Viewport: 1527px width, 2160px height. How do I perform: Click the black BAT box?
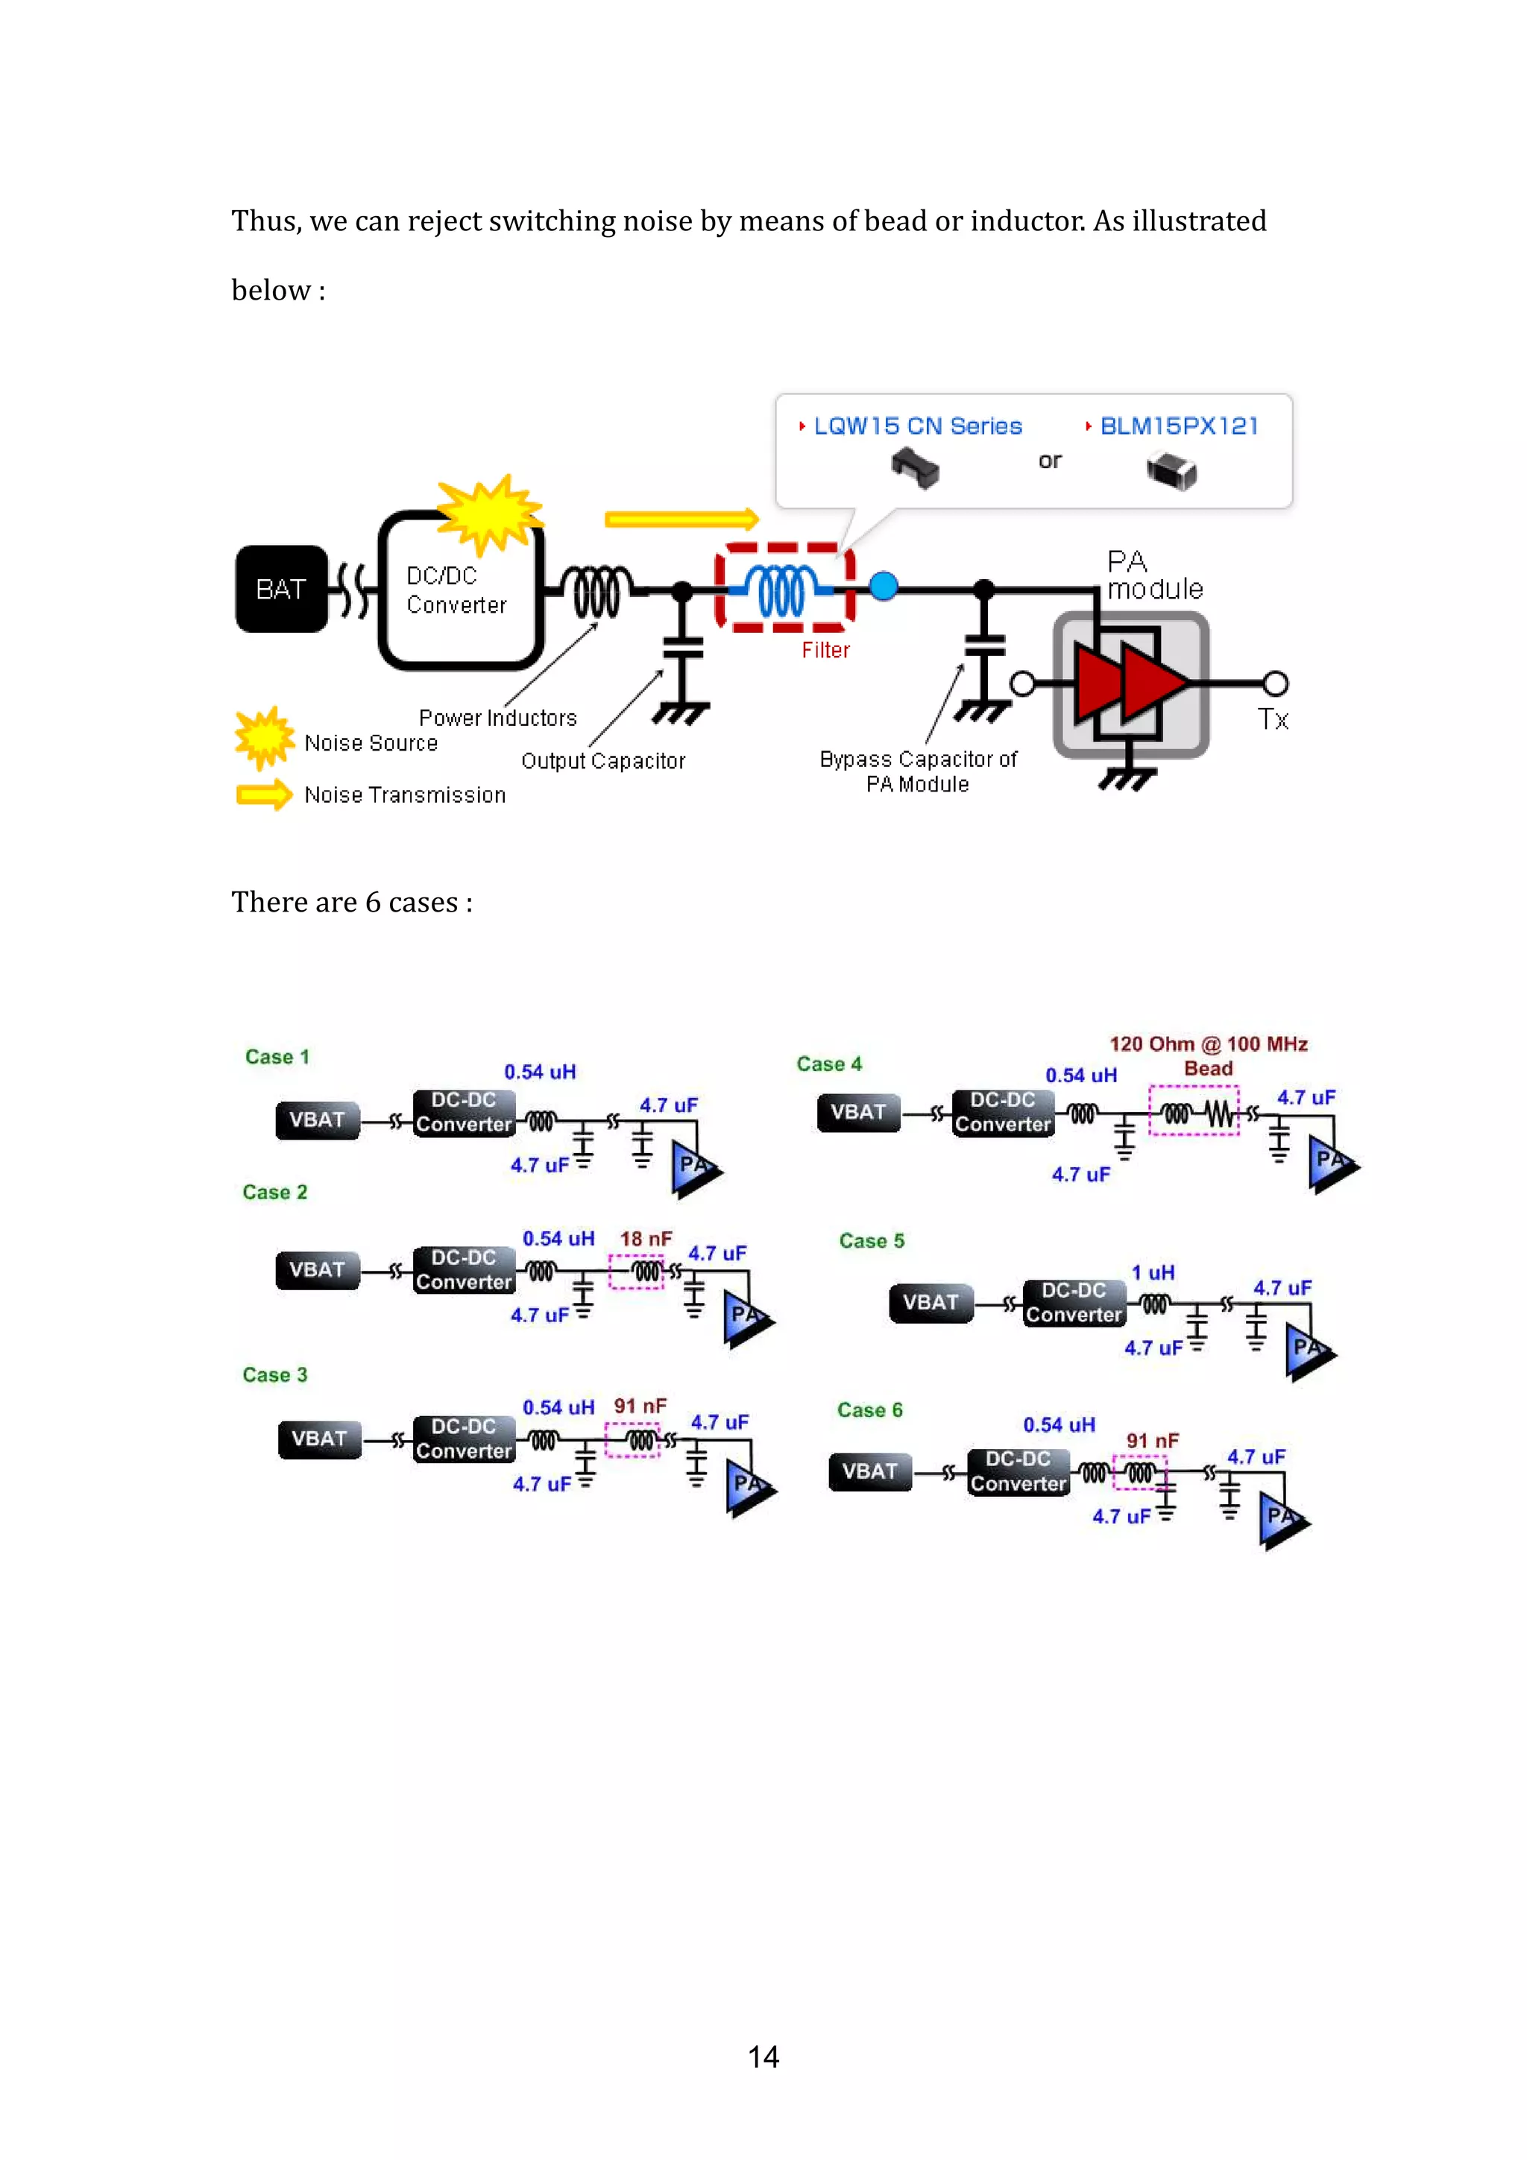coord(281,589)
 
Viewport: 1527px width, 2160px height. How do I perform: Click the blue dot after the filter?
coord(883,586)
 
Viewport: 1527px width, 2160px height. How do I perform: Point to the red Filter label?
coord(825,650)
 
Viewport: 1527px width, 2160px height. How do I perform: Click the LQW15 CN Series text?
coord(917,426)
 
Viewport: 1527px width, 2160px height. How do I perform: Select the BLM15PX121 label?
coord(1178,426)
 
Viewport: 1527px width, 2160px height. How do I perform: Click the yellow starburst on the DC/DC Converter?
coord(489,514)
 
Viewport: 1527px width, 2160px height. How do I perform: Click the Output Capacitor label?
coord(603,761)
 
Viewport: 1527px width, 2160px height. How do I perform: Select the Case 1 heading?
coord(277,1056)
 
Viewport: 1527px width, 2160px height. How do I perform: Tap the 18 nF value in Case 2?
coord(646,1239)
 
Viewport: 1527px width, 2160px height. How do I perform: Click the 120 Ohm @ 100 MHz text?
coord(1208,1044)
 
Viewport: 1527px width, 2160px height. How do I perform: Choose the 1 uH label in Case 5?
coord(1153,1273)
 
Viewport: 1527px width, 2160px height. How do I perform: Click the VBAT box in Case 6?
coord(869,1471)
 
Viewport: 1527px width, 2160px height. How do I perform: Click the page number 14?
coord(763,2056)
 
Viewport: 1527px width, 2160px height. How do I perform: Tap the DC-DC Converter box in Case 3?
coord(464,1439)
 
